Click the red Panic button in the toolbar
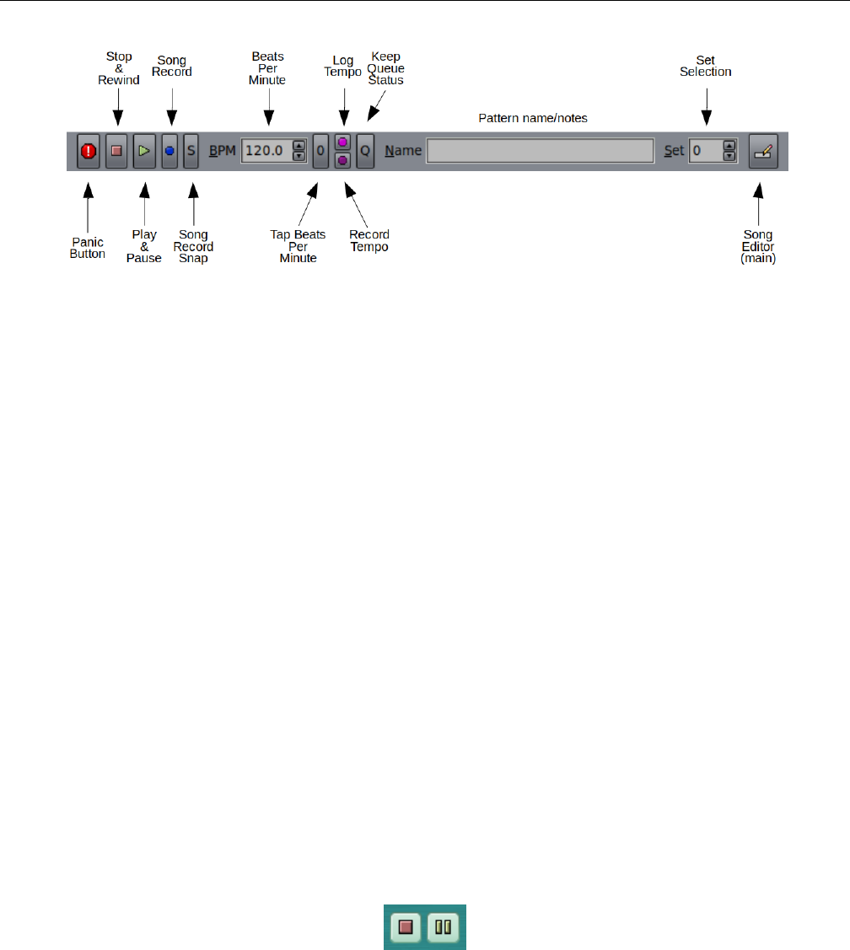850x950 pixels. pos(89,152)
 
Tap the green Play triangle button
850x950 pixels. pos(144,152)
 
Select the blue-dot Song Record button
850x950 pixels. pos(169,152)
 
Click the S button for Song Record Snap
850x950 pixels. pos(191,152)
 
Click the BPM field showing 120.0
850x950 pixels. pos(266,152)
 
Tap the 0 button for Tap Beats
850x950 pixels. pos(320,152)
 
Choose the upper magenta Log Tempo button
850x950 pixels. pos(342,142)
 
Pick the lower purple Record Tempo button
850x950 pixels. pos(342,160)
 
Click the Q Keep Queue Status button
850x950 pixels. pos(365,152)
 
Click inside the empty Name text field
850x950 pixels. pos(540,152)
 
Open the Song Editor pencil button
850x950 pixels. pos(763,152)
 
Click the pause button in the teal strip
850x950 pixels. pos(443,926)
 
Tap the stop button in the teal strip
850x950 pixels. pos(406,926)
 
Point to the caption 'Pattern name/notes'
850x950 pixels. pos(533,118)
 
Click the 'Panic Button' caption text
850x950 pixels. pos(88,249)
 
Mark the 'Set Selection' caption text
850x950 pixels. pos(706,67)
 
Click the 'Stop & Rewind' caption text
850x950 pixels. pos(119,68)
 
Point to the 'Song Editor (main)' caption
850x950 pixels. pos(758,246)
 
